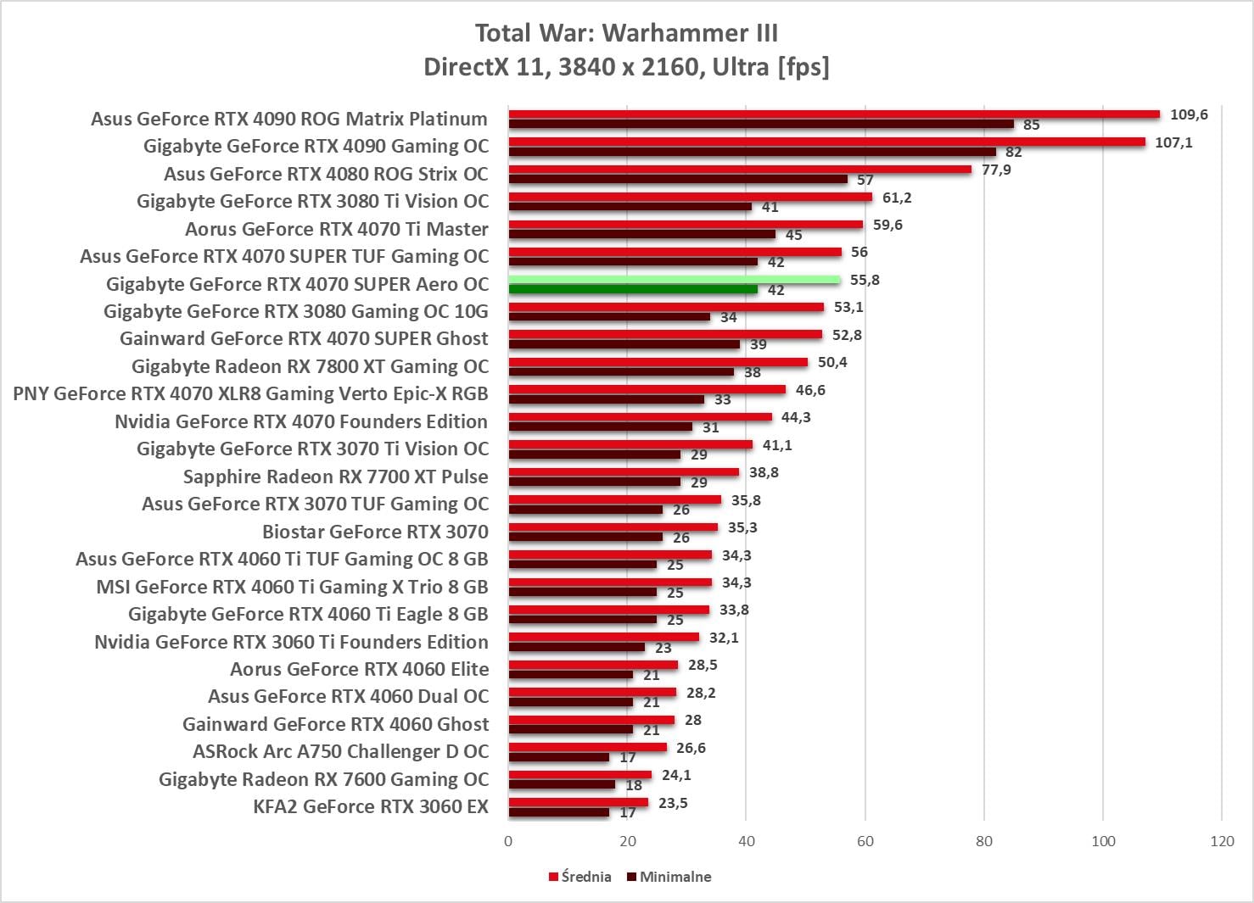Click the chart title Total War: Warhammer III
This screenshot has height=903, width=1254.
[x=626, y=33]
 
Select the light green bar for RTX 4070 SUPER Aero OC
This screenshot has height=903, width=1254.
[x=675, y=280]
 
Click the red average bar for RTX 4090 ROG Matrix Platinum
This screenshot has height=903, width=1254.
[x=834, y=114]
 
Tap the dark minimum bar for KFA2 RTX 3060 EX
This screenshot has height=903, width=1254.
[x=559, y=812]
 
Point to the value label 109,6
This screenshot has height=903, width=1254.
[x=1189, y=114]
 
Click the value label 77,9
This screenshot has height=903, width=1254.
[x=996, y=170]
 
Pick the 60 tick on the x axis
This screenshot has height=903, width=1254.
[x=865, y=841]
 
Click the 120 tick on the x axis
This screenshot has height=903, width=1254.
[x=1223, y=841]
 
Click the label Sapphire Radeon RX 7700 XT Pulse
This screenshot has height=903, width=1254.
[x=336, y=477]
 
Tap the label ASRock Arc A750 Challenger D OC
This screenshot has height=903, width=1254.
[x=341, y=751]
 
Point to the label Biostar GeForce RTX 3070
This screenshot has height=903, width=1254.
[x=375, y=532]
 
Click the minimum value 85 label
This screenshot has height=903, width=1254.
[x=1031, y=125]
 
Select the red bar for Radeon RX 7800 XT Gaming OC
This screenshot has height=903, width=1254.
[x=658, y=362]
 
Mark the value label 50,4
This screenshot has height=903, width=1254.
[x=832, y=362]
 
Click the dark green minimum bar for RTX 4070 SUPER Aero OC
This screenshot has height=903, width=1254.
[x=633, y=289]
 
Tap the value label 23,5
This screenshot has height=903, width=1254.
[x=673, y=803]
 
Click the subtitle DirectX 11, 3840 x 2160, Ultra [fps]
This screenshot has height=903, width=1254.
[x=626, y=66]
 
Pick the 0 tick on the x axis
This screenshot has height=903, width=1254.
[x=508, y=841]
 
